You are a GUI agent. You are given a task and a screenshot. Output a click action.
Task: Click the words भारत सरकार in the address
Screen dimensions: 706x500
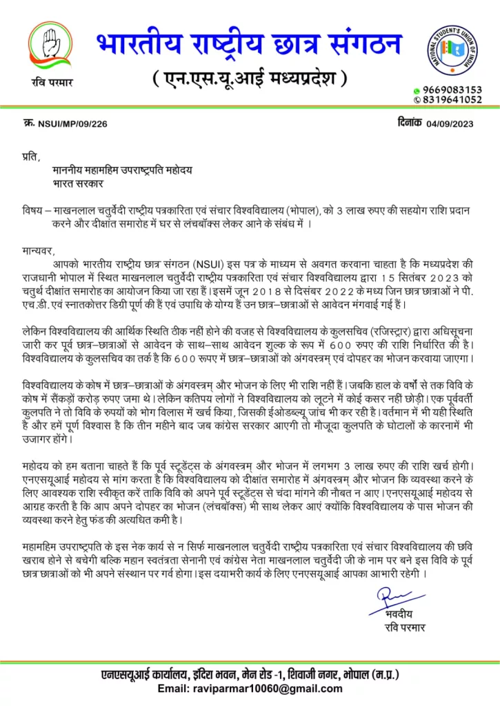[x=78, y=184]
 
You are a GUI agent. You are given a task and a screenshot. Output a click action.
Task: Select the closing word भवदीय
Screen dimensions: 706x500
[x=401, y=613]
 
